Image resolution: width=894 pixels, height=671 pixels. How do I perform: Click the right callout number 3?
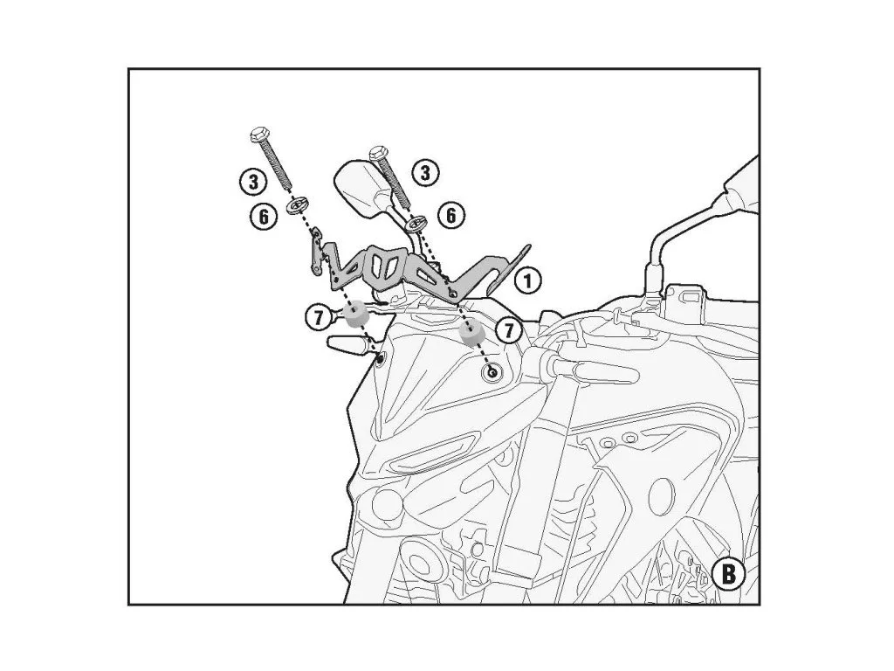tap(425, 173)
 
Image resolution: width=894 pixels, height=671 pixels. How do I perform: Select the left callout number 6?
tap(264, 217)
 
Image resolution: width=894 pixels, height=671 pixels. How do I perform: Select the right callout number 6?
tap(451, 216)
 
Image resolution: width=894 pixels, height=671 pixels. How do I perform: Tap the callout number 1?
tap(528, 280)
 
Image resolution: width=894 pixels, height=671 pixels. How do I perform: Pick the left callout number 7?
tap(319, 316)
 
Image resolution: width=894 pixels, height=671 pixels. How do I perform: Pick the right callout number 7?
tap(509, 329)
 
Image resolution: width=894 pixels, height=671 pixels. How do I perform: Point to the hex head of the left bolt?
tap(258, 135)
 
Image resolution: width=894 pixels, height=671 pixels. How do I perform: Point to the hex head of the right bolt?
tap(379, 152)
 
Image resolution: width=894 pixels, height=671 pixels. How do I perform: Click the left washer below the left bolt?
tap(298, 204)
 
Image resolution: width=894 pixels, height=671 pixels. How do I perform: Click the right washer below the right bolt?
tap(416, 223)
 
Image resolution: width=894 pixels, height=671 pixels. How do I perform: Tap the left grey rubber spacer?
tap(355, 314)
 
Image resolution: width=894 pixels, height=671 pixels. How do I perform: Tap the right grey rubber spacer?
tap(471, 332)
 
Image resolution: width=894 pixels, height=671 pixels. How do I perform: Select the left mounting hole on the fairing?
tap(381, 358)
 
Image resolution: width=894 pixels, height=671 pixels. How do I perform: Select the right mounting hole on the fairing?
tap(492, 372)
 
